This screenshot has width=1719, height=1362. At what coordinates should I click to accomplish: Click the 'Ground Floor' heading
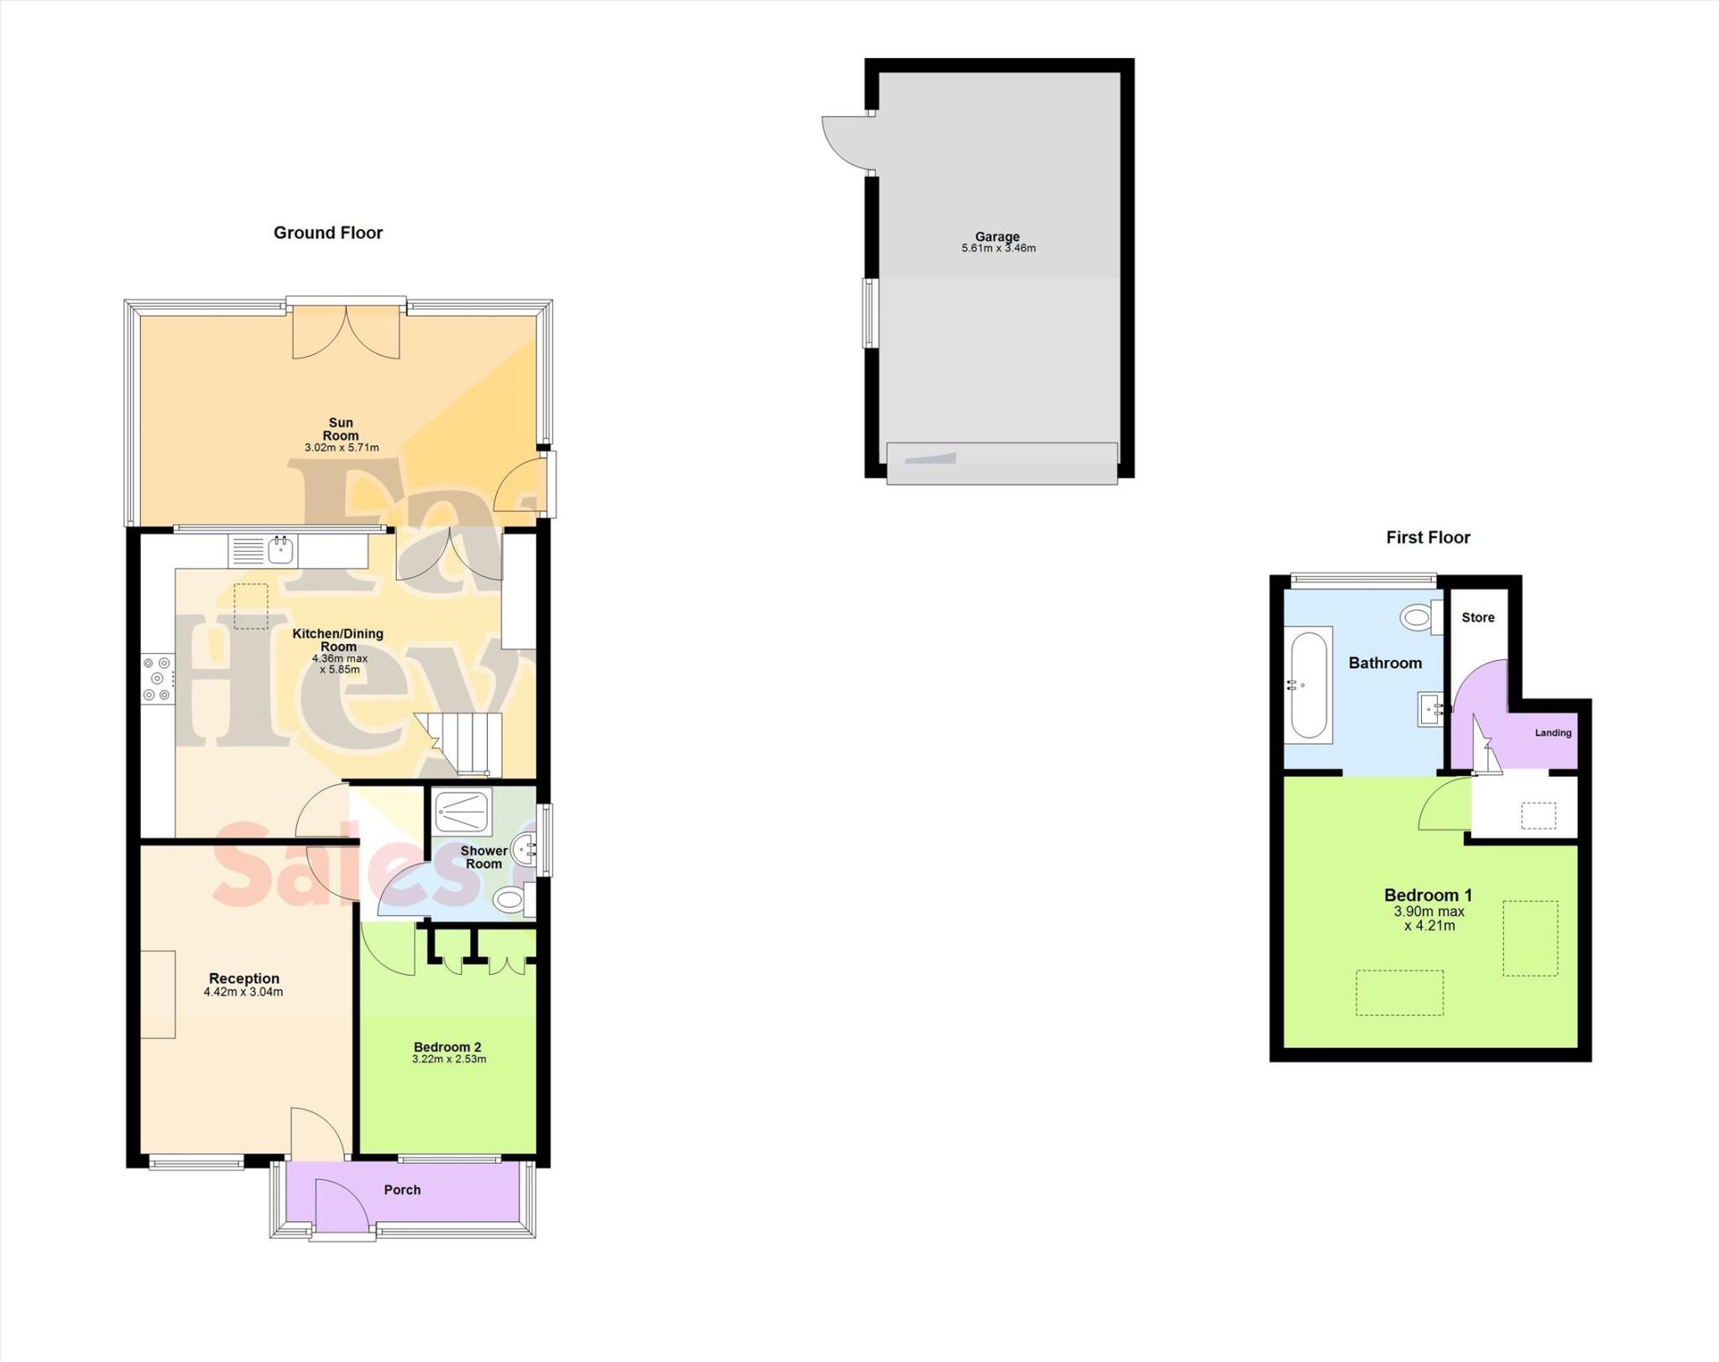(x=328, y=233)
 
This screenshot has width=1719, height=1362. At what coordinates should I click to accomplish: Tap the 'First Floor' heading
(x=1428, y=537)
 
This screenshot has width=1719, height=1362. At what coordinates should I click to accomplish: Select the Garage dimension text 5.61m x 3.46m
(x=998, y=249)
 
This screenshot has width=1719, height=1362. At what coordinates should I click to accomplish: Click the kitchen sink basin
(x=280, y=551)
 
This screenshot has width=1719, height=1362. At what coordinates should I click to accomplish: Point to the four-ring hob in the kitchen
(x=157, y=678)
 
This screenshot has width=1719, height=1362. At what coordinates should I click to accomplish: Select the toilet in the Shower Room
(x=509, y=902)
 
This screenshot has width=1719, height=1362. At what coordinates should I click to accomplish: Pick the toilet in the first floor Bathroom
(x=1418, y=618)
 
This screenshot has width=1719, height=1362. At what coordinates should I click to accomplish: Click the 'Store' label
(x=1477, y=617)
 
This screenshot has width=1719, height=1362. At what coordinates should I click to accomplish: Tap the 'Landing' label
(x=1553, y=733)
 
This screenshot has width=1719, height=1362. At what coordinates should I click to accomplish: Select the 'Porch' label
(x=402, y=1190)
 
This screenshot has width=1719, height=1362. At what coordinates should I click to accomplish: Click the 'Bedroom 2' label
(x=447, y=1047)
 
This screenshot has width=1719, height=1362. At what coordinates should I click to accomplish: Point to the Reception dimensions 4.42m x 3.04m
(x=243, y=992)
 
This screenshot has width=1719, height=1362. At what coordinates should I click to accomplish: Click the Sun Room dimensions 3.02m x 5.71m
(x=341, y=448)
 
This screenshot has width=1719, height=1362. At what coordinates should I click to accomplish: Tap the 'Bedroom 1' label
(x=1428, y=895)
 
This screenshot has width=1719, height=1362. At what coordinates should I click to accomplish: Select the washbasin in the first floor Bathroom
(x=1429, y=709)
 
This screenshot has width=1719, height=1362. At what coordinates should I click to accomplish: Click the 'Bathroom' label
(x=1385, y=663)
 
